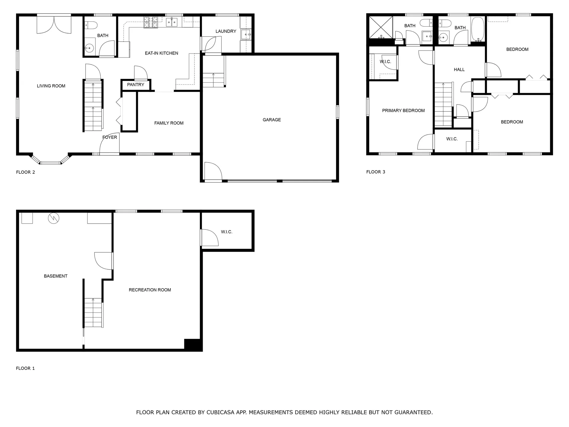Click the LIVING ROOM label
51,86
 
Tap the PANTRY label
135,85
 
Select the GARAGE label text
271,120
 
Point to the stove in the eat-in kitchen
151,22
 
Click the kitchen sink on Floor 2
172,22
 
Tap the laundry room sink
246,35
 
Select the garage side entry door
213,172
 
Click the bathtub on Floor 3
477,29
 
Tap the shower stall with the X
381,27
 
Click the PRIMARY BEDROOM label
403,111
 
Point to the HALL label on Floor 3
459,70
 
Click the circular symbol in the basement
54,219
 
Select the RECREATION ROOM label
150,290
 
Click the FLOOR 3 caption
375,172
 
